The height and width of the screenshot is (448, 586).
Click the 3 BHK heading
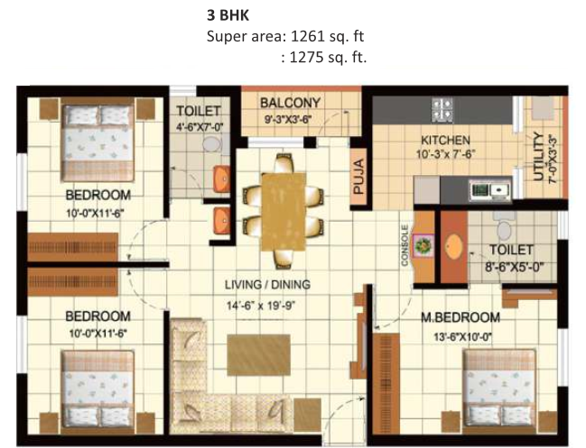tap(228, 15)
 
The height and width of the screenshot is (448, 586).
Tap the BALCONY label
tap(291, 103)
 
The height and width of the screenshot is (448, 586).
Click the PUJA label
tap(358, 177)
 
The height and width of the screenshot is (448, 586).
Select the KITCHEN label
tap(445, 141)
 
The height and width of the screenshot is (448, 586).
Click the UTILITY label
tap(538, 156)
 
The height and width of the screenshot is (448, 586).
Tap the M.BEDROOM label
tap(460, 317)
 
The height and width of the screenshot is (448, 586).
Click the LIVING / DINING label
tap(267, 285)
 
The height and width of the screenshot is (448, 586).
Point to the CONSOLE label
tap(405, 245)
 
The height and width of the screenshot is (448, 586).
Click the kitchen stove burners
tap(442, 110)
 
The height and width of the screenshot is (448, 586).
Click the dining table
tap(284, 212)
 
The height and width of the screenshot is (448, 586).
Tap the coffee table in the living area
tap(258, 355)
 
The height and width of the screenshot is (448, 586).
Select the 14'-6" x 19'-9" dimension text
tap(261, 306)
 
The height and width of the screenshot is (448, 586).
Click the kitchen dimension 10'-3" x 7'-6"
tap(445, 154)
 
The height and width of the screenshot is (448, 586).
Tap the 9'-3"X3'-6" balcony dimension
tap(288, 120)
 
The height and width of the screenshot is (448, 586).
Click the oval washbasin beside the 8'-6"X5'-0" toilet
tap(454, 247)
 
